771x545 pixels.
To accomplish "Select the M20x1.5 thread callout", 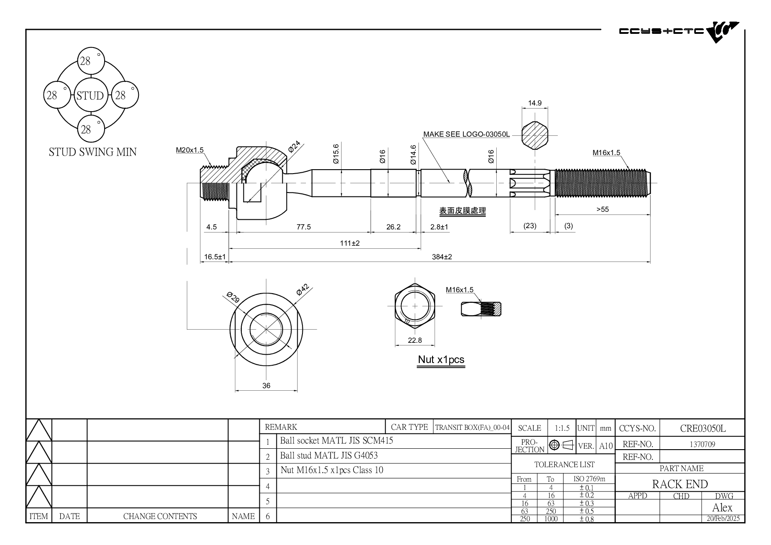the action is [190, 150].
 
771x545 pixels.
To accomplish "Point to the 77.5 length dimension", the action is [304, 227].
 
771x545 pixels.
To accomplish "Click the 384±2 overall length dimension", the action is [442, 257].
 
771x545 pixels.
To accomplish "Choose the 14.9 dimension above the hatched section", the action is [535, 103].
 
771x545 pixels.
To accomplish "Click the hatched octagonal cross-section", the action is [535, 136].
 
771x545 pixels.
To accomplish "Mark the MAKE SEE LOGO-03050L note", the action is [466, 134].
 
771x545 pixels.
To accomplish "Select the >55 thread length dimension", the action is [603, 209].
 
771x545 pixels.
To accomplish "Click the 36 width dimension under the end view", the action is [266, 385].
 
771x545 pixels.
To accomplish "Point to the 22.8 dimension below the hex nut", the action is [415, 340].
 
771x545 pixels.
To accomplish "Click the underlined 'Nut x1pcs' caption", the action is [441, 360].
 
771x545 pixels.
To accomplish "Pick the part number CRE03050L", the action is [703, 428].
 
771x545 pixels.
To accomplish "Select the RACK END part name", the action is [680, 484].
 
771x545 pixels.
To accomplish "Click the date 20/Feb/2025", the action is [723, 518].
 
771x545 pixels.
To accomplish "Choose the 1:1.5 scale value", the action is [562, 428].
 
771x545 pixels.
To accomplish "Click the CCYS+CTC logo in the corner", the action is [679, 31].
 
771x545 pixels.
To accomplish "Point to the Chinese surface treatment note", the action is [462, 211].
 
